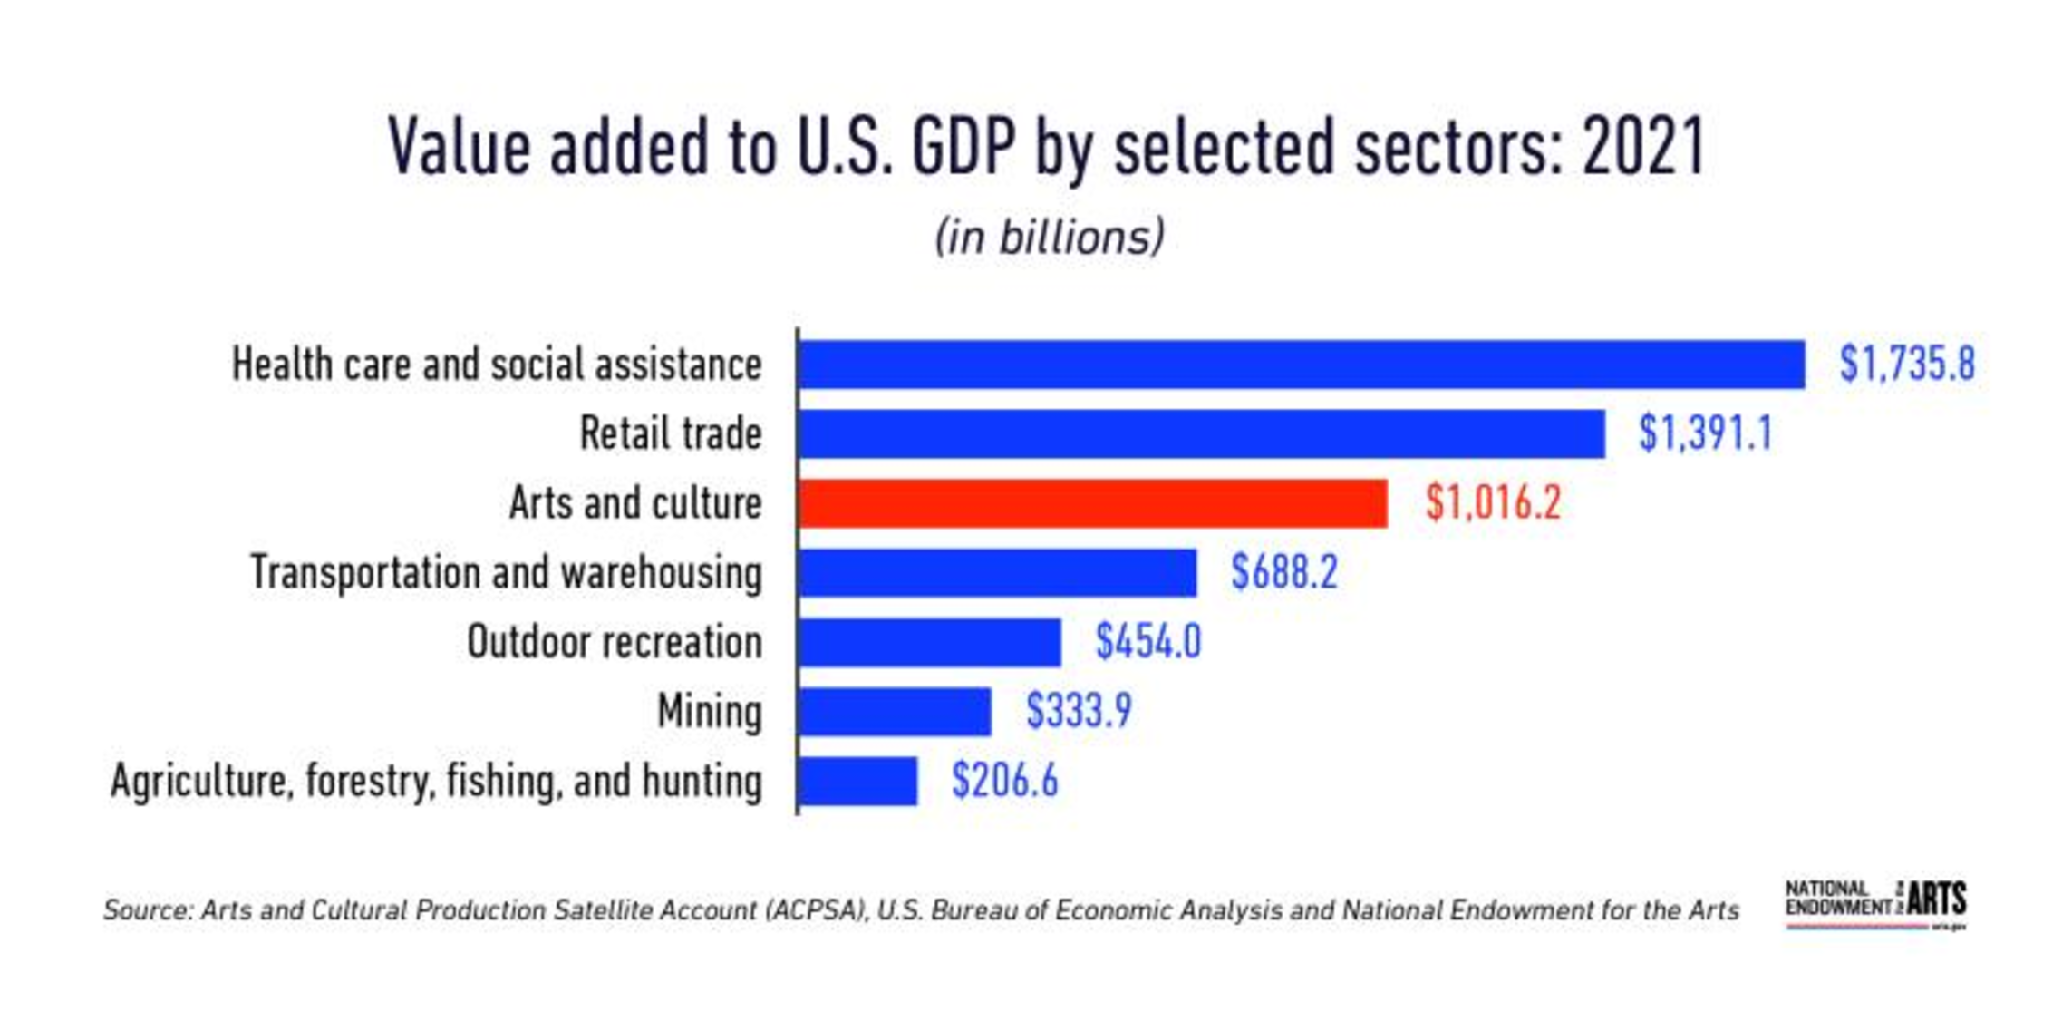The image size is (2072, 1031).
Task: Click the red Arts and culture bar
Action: (x=1092, y=503)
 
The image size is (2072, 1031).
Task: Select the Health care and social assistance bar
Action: (x=1301, y=365)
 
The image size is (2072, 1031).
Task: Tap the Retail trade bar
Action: (x=1201, y=433)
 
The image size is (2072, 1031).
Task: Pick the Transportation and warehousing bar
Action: (x=997, y=573)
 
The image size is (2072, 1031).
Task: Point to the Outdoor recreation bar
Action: (x=929, y=642)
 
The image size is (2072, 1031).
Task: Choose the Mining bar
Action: (x=895, y=712)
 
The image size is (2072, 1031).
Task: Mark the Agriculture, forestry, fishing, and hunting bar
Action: (x=857, y=781)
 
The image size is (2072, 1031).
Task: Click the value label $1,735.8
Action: (x=1907, y=365)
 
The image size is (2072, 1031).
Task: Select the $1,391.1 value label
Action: (x=1705, y=433)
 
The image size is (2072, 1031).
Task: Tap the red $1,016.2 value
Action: (x=1493, y=503)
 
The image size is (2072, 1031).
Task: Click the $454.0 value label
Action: (x=1148, y=642)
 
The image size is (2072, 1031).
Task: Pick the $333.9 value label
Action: (x=1079, y=711)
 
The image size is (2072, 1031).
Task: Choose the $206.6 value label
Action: (x=1004, y=781)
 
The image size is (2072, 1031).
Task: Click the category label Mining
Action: (x=710, y=712)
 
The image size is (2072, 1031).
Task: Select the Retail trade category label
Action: (x=671, y=433)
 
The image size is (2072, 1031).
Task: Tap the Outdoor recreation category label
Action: (x=615, y=642)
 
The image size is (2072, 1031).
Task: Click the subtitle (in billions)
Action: (x=1049, y=238)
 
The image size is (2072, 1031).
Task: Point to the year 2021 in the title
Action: (x=1643, y=147)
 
